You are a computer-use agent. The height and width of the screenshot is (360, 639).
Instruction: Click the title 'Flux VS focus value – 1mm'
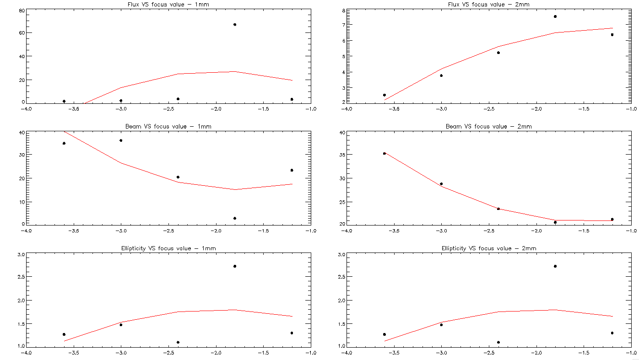(x=168, y=5)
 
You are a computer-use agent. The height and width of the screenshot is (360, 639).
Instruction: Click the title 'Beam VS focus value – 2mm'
(x=488, y=126)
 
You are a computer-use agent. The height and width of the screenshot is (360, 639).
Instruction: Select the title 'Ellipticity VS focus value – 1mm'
(x=168, y=248)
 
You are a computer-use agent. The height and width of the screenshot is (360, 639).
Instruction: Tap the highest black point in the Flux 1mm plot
(x=235, y=24)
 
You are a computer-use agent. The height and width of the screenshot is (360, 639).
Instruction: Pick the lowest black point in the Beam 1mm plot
(x=235, y=218)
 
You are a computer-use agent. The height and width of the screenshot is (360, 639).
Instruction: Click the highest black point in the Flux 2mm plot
(x=555, y=16)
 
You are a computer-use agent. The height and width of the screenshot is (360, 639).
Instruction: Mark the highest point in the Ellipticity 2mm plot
(x=555, y=266)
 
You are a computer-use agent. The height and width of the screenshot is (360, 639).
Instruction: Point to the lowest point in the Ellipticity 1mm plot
(x=178, y=342)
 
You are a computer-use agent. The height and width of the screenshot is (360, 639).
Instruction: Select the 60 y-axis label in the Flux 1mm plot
(x=21, y=33)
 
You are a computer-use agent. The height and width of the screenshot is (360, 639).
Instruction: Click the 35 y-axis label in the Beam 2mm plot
(x=341, y=155)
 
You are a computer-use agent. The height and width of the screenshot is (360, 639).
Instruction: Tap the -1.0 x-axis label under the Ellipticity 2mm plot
(x=631, y=353)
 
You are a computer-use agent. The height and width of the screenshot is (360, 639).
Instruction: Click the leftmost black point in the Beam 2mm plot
(x=384, y=154)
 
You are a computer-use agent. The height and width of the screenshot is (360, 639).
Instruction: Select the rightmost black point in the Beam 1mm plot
(x=292, y=170)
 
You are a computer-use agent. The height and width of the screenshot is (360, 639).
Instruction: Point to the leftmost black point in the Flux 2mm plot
(x=384, y=95)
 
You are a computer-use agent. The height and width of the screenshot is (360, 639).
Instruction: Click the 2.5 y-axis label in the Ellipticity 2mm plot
(x=341, y=277)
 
